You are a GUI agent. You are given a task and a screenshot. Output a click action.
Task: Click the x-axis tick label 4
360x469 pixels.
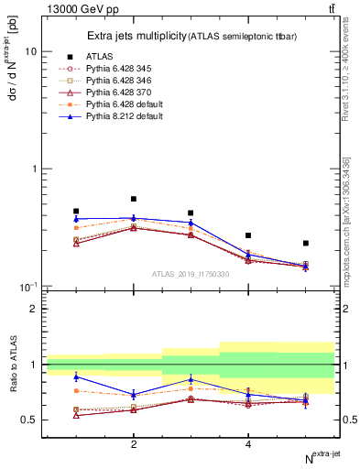coord(248,444)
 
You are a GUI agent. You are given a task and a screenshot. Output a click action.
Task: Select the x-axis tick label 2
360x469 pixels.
coord(134,444)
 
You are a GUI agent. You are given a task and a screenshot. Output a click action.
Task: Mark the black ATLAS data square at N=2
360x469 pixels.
coord(134,199)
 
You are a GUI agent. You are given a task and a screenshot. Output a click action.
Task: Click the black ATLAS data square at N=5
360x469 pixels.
coord(305,244)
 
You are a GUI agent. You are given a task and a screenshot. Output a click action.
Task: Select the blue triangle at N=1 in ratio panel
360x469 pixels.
coord(76,376)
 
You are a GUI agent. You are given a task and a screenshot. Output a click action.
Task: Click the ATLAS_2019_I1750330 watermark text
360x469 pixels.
coord(191,273)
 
